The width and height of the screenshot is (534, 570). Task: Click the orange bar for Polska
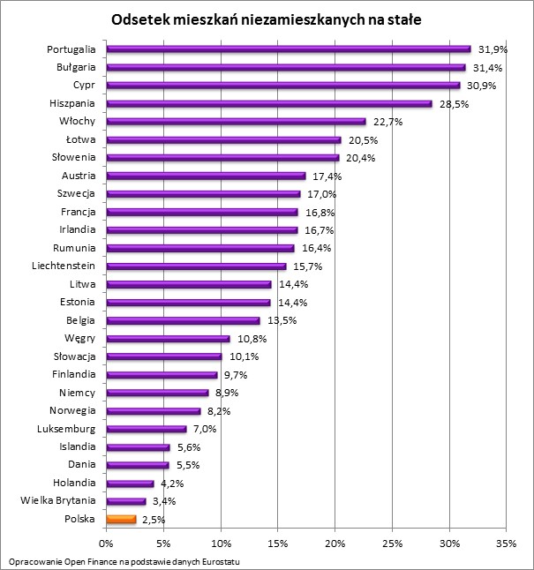click(x=122, y=520)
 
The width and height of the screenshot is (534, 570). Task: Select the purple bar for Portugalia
click(x=289, y=49)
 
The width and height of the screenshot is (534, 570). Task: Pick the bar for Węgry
click(x=168, y=339)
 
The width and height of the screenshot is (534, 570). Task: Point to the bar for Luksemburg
click(x=147, y=429)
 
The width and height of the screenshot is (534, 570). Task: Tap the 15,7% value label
click(x=308, y=266)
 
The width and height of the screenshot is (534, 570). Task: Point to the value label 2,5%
click(x=153, y=521)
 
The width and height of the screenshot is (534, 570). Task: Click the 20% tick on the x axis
click(x=335, y=544)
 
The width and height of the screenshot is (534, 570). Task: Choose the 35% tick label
click(x=507, y=544)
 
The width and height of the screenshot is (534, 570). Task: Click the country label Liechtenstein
click(x=64, y=266)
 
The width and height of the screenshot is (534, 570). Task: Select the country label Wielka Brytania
click(x=58, y=501)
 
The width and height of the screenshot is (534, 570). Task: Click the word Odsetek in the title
click(x=139, y=19)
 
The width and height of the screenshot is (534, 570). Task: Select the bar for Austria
click(x=206, y=176)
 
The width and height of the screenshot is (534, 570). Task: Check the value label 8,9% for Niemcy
click(x=228, y=393)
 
